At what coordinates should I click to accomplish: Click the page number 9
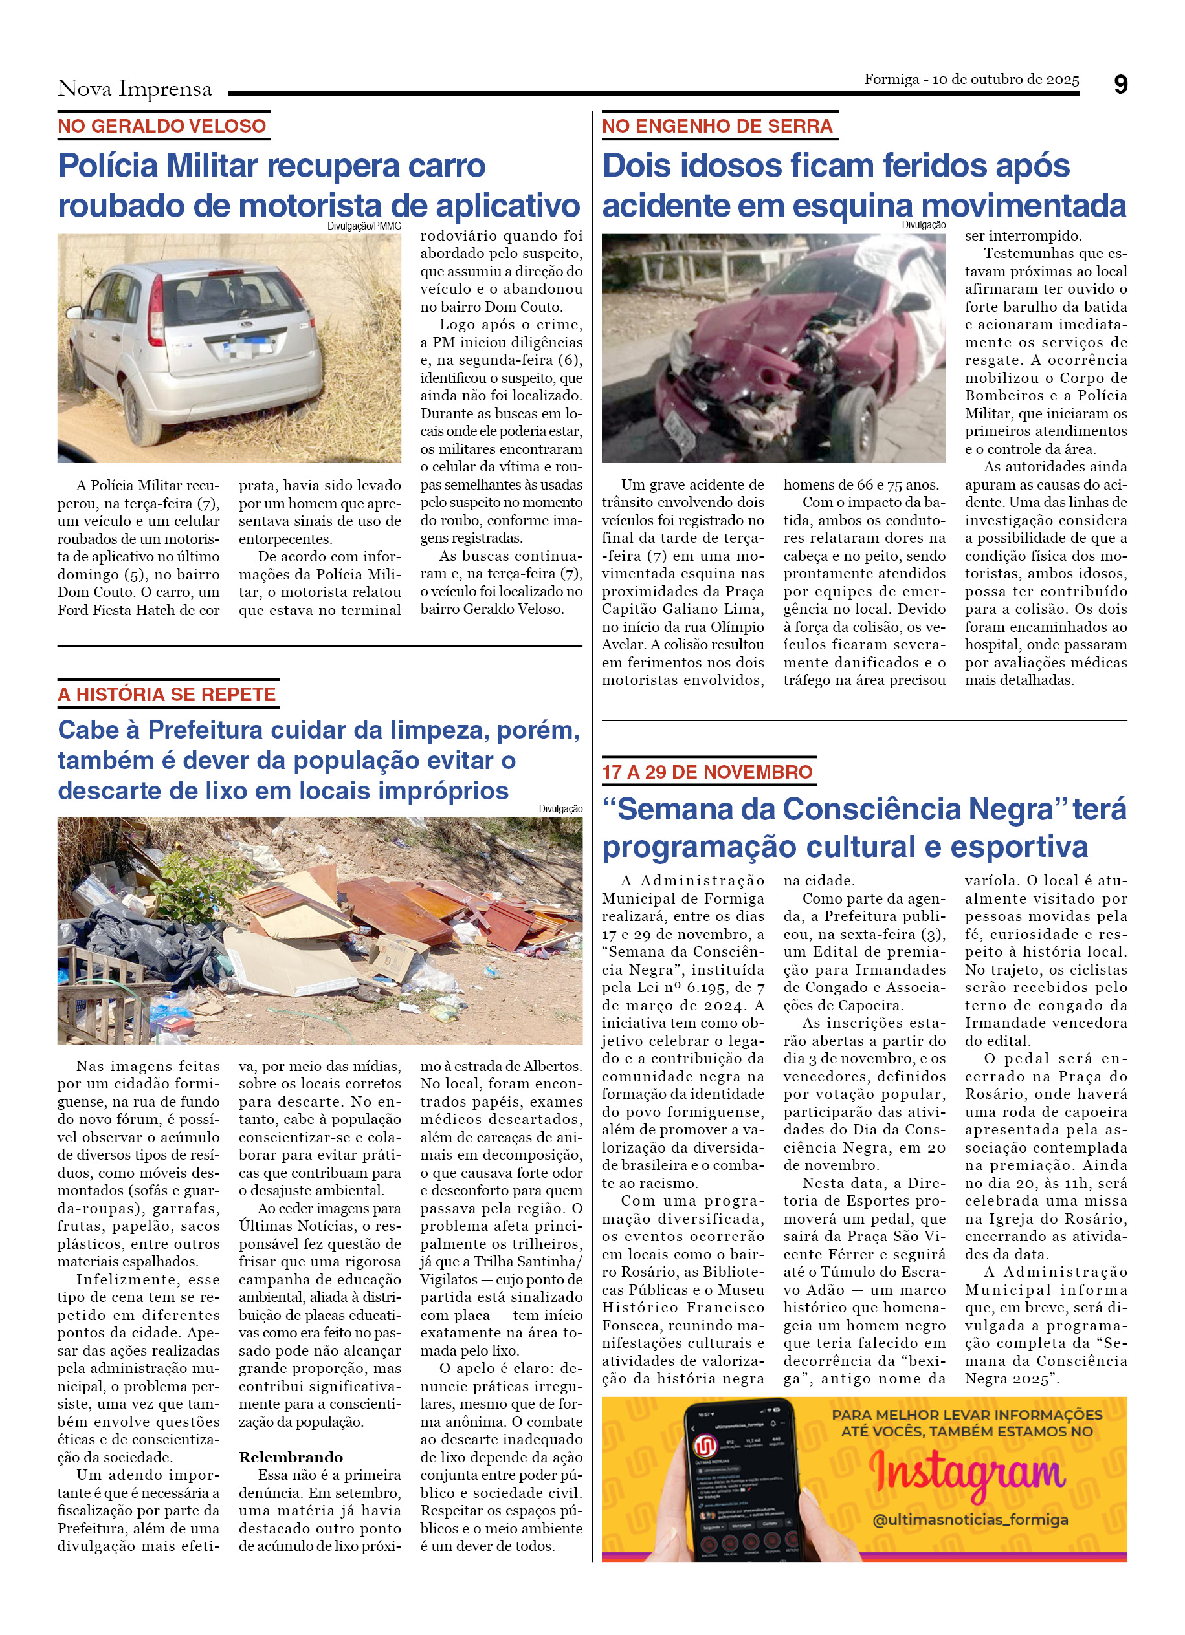click(x=1120, y=85)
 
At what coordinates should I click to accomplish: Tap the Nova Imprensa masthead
click(x=135, y=89)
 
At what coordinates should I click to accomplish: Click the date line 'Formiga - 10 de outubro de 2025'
click(x=971, y=80)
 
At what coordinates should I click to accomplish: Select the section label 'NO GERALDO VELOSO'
click(x=162, y=126)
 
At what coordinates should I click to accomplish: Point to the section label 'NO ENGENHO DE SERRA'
click(x=717, y=126)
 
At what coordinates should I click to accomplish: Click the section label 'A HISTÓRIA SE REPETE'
click(x=166, y=694)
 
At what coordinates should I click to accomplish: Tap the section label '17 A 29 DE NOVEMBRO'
click(x=707, y=772)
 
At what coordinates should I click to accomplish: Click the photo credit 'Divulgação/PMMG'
click(x=364, y=226)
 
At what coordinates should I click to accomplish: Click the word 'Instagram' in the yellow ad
click(x=966, y=1472)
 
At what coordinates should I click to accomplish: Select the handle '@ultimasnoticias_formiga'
click(x=970, y=1520)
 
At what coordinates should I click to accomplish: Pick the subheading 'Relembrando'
click(x=291, y=1457)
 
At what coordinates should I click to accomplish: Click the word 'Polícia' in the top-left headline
click(x=107, y=166)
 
